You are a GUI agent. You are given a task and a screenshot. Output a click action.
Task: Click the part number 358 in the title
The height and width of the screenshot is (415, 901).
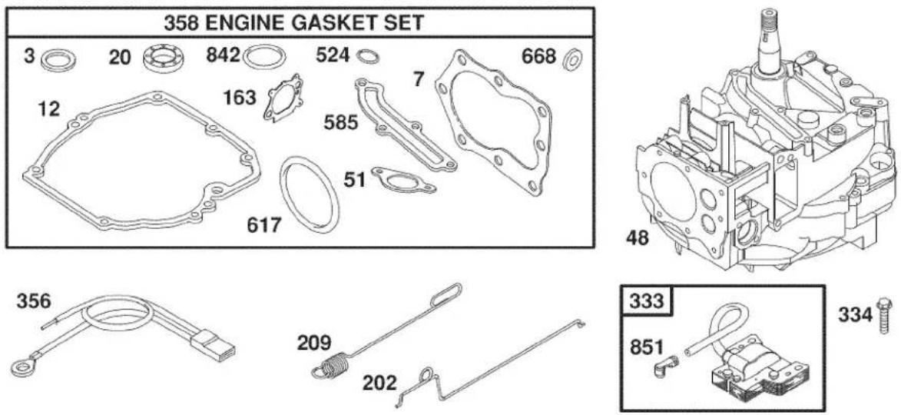click(x=182, y=23)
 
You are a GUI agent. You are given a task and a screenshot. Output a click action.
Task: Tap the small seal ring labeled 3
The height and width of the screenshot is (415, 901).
click(x=59, y=61)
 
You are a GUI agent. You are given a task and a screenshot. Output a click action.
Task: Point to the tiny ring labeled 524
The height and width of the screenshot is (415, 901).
click(x=368, y=56)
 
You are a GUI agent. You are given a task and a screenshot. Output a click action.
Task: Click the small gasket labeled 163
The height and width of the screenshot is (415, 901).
click(x=283, y=98)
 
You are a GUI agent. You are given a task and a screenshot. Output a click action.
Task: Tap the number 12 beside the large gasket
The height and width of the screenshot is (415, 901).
click(x=49, y=108)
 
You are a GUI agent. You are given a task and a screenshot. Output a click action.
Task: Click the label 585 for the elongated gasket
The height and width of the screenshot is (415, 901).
click(x=341, y=122)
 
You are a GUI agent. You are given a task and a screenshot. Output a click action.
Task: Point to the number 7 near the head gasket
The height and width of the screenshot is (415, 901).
click(x=419, y=80)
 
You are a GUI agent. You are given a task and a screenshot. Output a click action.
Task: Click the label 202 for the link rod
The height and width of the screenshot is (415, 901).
click(x=379, y=382)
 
